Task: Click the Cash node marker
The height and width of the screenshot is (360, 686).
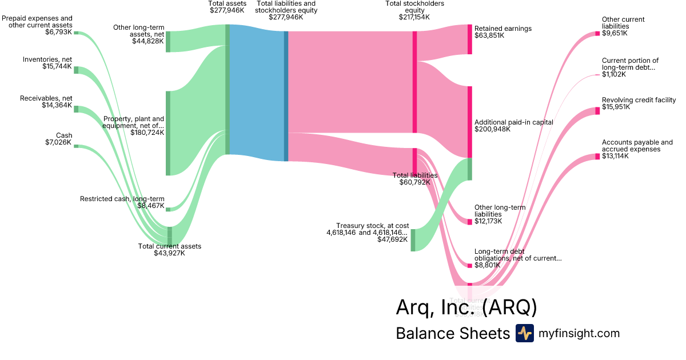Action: (76, 146)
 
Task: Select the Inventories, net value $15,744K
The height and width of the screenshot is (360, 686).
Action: (57, 67)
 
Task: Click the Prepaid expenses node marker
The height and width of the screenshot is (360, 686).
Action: (76, 33)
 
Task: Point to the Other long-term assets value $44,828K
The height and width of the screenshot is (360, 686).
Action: (148, 41)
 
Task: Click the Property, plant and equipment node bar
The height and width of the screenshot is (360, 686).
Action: (168, 133)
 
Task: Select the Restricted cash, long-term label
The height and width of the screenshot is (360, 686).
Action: (122, 199)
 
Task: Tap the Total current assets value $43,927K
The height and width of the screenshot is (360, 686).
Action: (169, 253)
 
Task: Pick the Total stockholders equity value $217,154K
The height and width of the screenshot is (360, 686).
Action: (414, 17)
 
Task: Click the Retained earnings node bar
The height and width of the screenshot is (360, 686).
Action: (470, 39)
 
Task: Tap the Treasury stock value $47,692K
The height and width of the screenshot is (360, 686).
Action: (393, 239)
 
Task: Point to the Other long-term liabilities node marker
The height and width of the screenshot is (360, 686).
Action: (470, 222)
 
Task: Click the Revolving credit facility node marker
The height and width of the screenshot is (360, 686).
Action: (597, 111)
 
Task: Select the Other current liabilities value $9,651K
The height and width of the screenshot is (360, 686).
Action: (615, 33)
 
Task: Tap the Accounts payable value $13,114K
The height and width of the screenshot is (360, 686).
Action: (615, 156)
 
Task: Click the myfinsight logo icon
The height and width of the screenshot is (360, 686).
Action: (524, 333)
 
